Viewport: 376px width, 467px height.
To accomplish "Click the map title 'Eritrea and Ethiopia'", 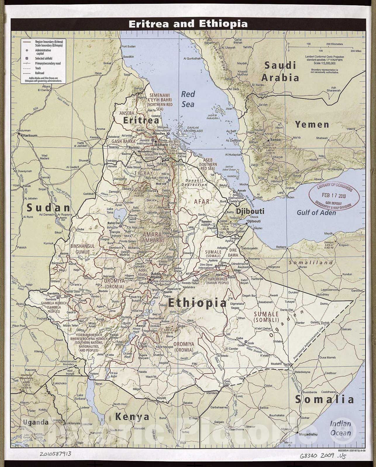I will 188,24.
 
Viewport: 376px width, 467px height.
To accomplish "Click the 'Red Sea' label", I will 188,99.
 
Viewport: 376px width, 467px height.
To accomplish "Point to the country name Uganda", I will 36,422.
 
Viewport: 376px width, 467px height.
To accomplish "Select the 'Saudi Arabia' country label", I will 280,72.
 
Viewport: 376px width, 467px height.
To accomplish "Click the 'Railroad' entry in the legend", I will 39,73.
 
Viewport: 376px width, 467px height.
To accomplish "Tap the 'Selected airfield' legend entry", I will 44,58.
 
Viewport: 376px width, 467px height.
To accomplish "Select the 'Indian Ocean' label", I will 341,428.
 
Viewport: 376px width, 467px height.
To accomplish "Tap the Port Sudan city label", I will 129,46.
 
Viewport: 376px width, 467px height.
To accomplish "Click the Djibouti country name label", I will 250,211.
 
